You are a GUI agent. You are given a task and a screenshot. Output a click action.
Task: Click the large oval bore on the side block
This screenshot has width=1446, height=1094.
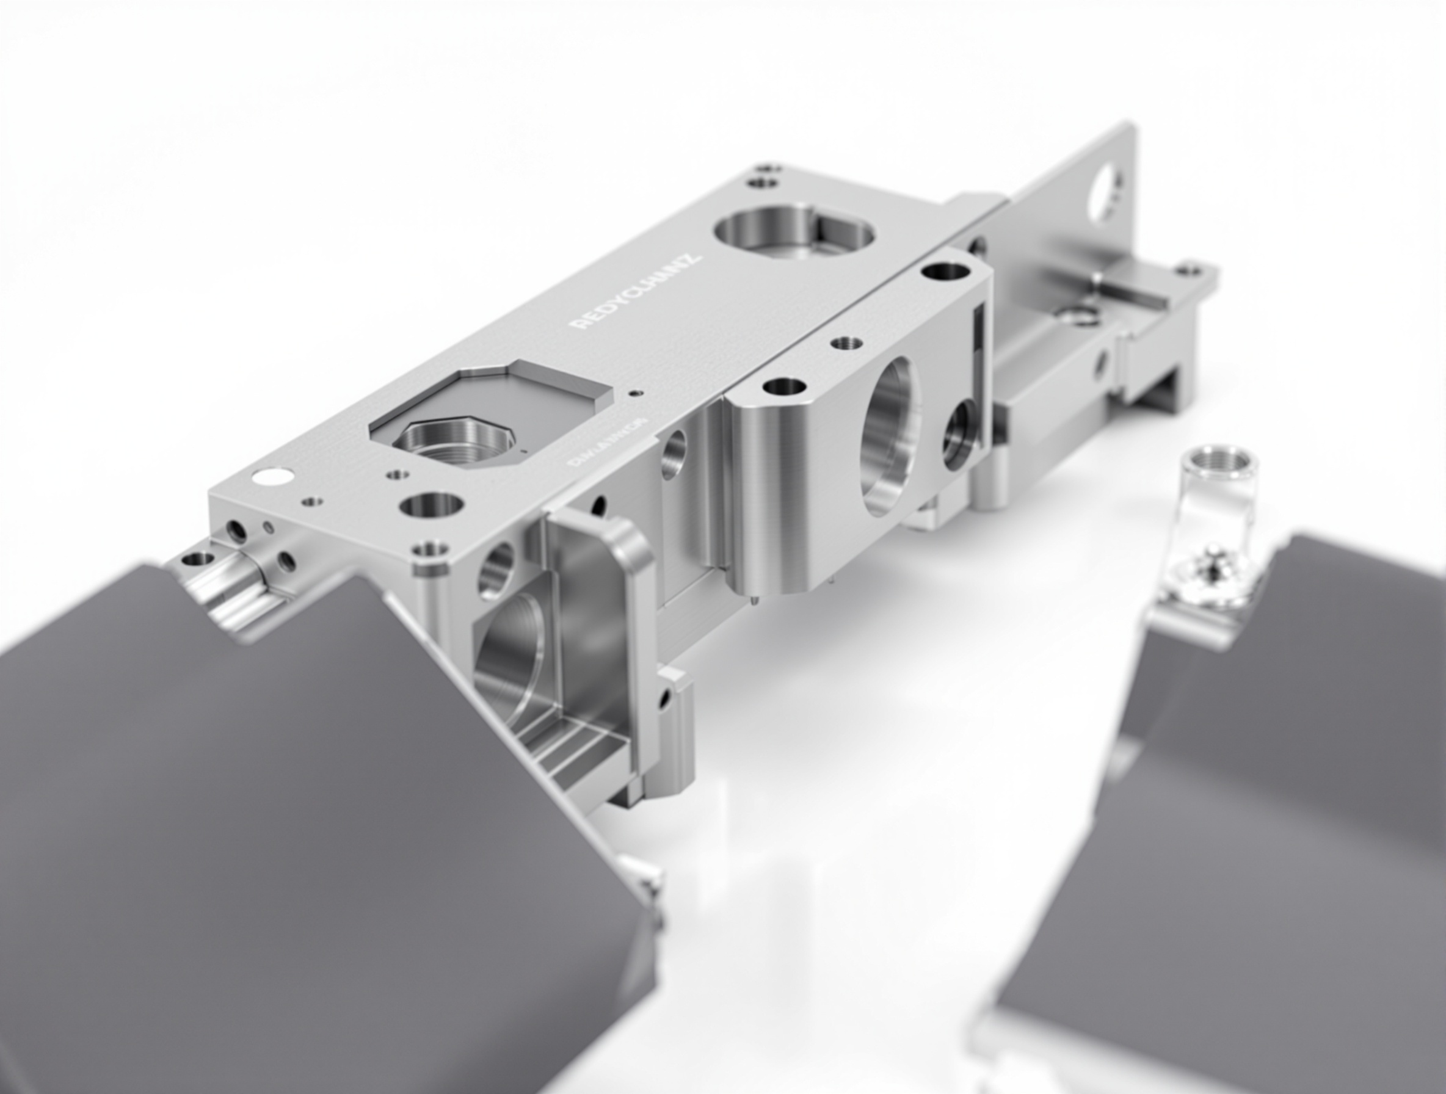click(x=892, y=435)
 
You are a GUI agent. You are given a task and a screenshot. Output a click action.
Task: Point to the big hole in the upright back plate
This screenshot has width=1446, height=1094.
click(x=1104, y=191)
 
